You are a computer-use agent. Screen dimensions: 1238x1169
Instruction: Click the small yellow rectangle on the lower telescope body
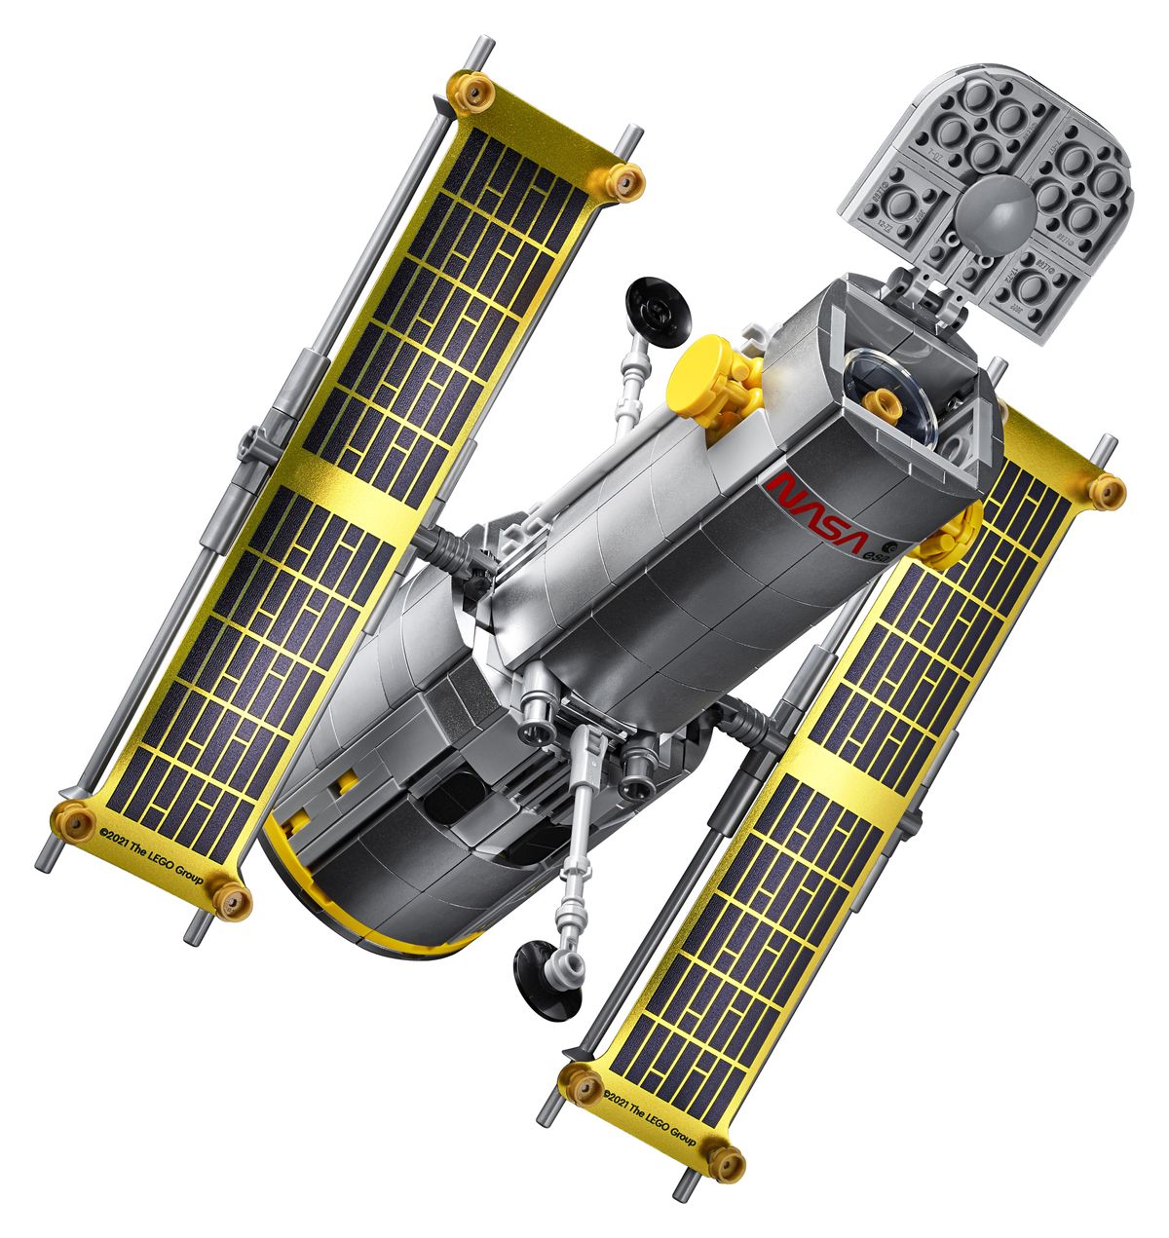345,780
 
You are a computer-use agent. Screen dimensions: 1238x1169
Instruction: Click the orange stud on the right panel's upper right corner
1108,490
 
